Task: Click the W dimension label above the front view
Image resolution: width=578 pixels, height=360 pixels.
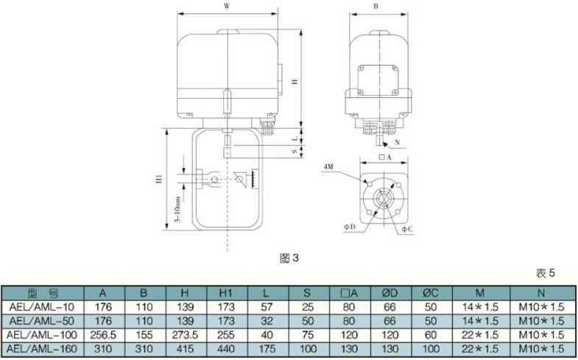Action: (227, 7)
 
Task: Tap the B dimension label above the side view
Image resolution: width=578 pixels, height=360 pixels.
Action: (376, 7)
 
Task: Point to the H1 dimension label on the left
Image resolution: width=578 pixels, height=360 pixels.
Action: (160, 179)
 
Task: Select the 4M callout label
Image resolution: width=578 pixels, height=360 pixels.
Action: (328, 166)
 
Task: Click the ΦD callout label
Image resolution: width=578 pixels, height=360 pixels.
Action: (350, 227)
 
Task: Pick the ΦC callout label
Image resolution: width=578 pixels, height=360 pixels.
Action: (407, 229)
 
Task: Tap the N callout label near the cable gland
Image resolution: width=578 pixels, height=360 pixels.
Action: (397, 143)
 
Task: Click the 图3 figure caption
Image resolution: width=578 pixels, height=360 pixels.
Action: (289, 258)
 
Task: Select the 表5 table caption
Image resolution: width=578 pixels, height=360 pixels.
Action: (545, 273)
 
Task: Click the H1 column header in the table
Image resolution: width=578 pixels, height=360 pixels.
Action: (226, 293)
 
